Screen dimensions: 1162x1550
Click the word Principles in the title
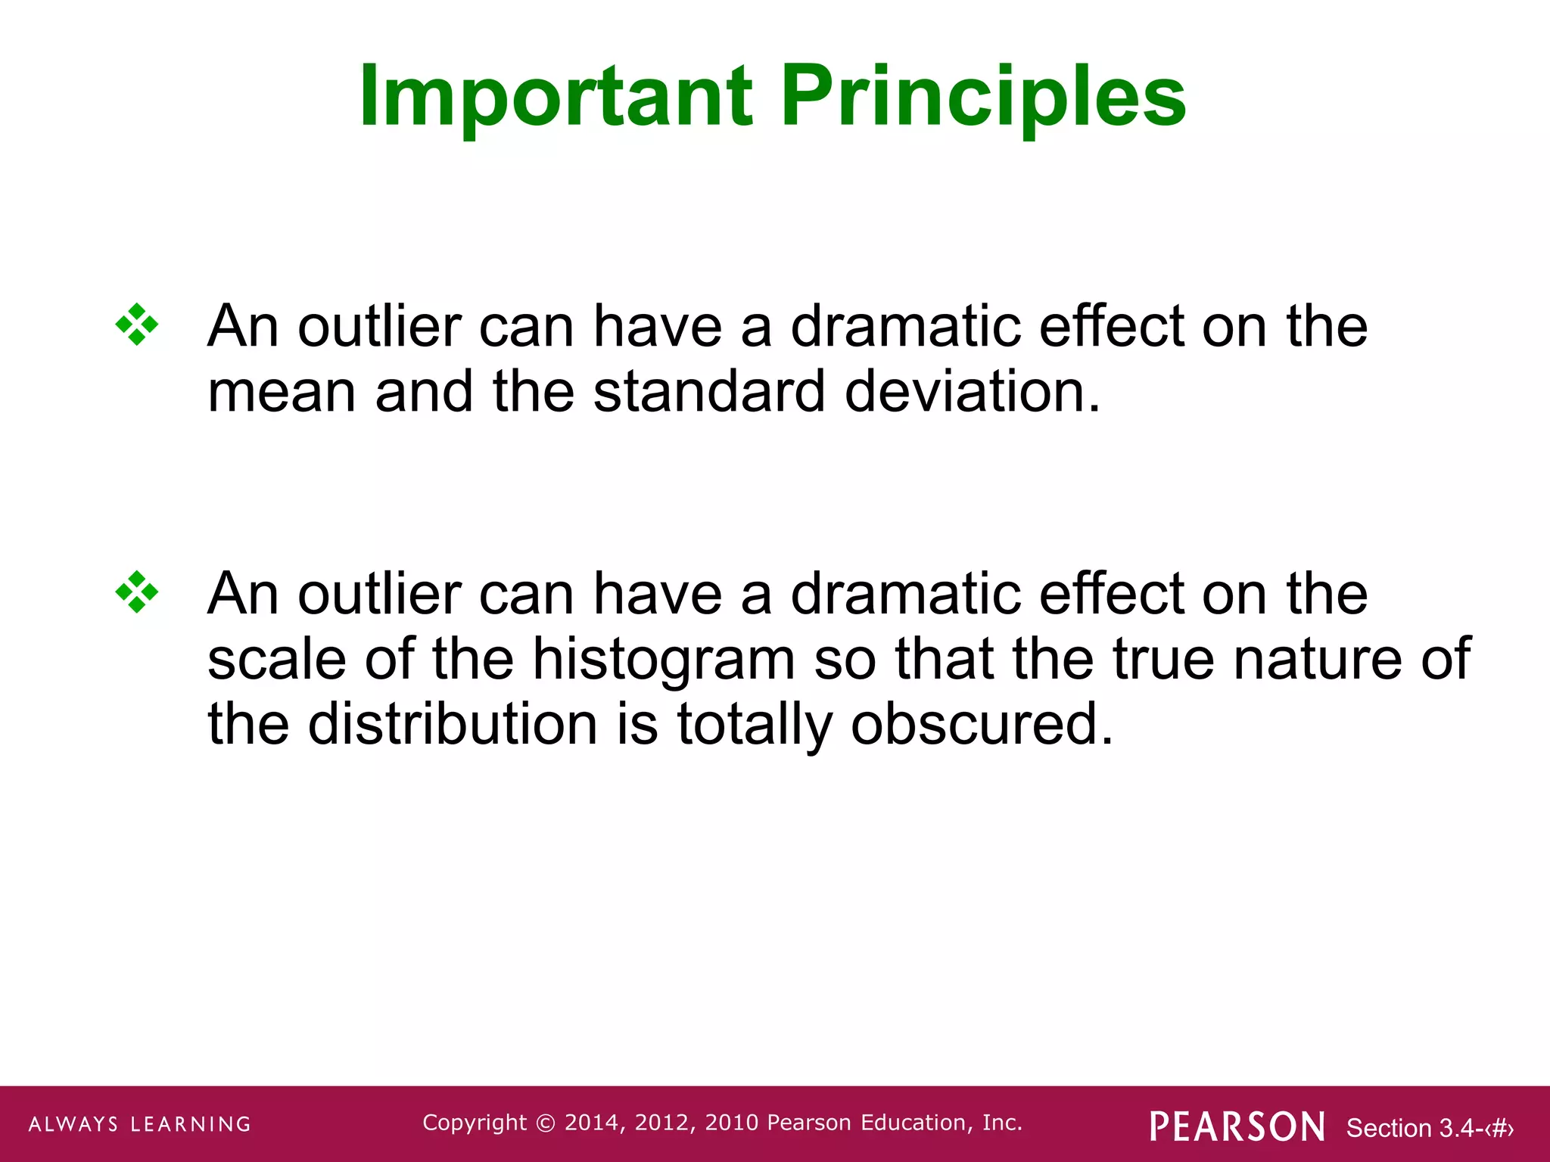(x=983, y=97)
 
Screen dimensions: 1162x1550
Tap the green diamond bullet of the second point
(x=137, y=592)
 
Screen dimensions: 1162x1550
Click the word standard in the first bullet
(x=708, y=392)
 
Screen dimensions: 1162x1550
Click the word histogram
(x=664, y=660)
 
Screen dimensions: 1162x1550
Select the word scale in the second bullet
(x=276, y=658)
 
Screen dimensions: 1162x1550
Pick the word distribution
(x=453, y=724)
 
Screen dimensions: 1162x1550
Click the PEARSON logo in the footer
(x=1237, y=1126)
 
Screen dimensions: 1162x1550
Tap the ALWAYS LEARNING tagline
(x=140, y=1124)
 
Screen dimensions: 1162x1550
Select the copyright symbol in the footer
(x=545, y=1123)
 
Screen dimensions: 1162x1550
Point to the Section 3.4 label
(x=1429, y=1128)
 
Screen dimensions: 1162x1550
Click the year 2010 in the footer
(x=732, y=1123)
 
